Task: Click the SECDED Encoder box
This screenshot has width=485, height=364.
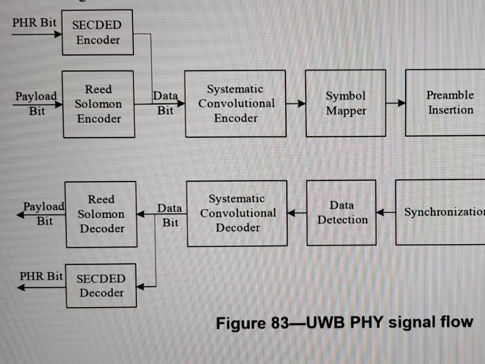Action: coord(97,33)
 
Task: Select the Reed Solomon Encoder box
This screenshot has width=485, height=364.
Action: coord(98,104)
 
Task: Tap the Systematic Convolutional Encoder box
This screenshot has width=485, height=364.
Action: coord(236,103)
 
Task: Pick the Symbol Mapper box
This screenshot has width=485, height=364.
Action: coord(345,103)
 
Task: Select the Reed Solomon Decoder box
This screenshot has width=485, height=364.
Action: coord(101,214)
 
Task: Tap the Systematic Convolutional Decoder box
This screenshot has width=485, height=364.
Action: coord(237,213)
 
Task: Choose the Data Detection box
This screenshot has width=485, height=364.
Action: coord(342,213)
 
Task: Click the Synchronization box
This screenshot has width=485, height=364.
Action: coord(441,212)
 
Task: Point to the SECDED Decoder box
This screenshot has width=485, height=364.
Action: coord(101,285)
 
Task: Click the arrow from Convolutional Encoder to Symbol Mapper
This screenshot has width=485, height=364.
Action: coord(295,103)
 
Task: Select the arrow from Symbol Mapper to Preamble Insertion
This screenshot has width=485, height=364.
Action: coord(395,103)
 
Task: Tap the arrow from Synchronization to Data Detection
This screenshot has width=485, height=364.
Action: coord(386,212)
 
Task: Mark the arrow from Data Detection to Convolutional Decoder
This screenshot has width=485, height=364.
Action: coord(297,213)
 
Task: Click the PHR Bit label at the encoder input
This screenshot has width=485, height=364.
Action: coord(34,23)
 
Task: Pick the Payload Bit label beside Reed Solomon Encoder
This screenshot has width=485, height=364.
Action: coord(36,103)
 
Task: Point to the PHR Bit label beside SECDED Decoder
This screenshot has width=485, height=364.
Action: coord(41,276)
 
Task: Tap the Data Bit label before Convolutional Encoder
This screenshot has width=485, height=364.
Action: coord(165,103)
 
